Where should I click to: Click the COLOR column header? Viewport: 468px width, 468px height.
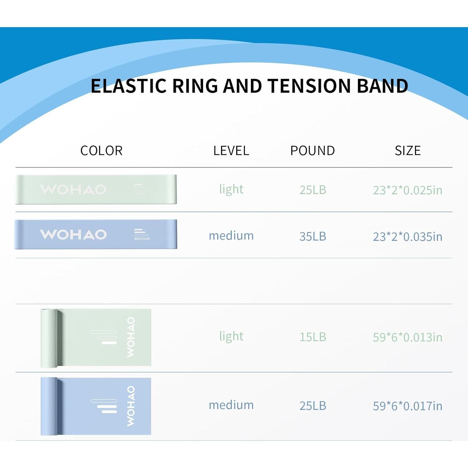point(101,151)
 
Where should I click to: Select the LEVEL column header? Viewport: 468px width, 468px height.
point(231,151)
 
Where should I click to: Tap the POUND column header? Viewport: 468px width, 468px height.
point(313,151)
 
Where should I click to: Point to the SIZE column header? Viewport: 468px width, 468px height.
point(407,151)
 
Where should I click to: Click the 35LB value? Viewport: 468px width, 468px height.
point(313,236)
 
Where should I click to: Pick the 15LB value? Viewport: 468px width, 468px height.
point(313,337)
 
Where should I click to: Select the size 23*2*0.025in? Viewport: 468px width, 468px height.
point(407,190)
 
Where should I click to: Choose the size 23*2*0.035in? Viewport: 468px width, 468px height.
point(407,237)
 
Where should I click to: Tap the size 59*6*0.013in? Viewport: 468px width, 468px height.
point(407,337)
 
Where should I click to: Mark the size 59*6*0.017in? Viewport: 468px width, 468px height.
point(407,406)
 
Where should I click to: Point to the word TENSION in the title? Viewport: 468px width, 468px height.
point(310,86)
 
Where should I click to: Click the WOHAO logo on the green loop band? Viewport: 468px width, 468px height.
point(74,189)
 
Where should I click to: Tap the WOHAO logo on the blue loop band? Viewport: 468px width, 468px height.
point(74,234)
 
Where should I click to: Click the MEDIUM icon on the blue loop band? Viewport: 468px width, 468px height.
point(141,235)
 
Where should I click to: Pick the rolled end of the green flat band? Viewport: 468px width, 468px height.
point(49,338)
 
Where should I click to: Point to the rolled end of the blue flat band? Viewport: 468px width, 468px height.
point(49,406)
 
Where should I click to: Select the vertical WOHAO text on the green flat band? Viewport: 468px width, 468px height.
point(131,337)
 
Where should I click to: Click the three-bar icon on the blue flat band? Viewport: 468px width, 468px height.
point(104,406)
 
